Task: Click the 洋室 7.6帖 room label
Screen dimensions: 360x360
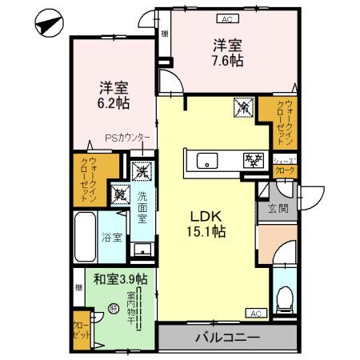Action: tap(226, 52)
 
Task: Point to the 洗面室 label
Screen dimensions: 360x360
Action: tap(142, 207)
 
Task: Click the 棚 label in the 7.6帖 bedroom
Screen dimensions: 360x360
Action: tap(164, 34)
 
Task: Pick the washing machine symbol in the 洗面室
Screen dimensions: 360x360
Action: tap(142, 170)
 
